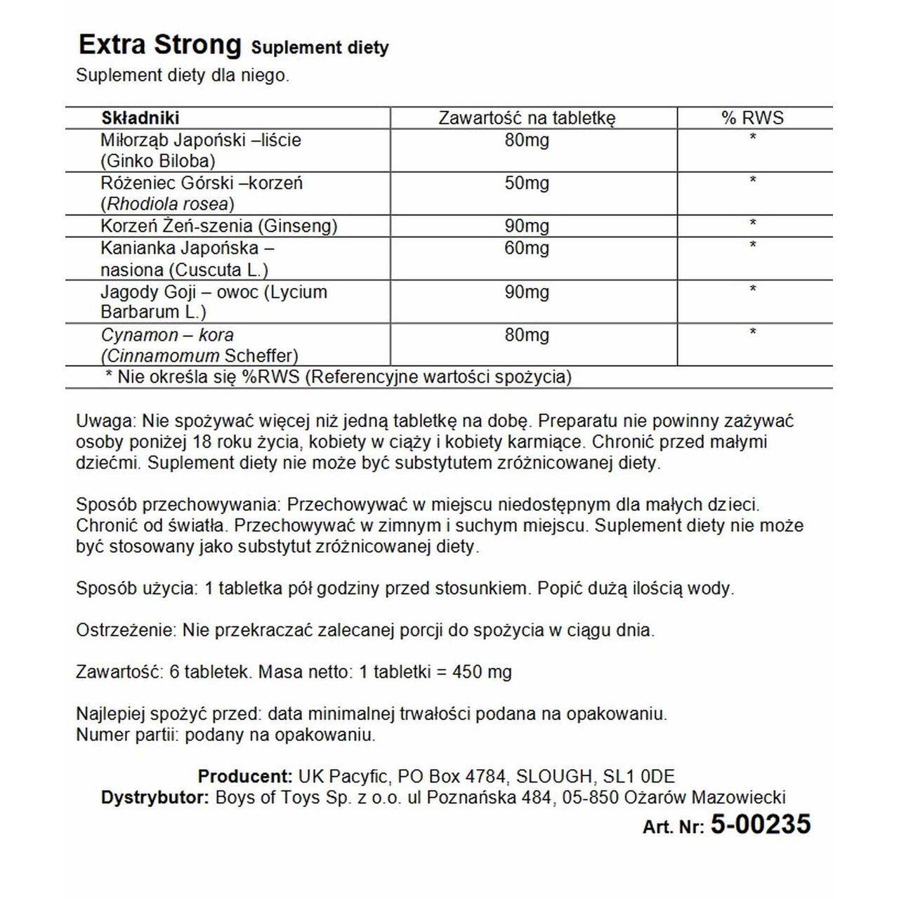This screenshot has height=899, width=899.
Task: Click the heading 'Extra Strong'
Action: [159, 45]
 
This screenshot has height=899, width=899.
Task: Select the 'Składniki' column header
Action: [140, 118]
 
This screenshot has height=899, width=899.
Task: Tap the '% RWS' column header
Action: [752, 118]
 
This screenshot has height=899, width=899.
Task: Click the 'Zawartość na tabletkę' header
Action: [527, 118]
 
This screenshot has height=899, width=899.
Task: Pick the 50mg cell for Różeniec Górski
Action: [527, 183]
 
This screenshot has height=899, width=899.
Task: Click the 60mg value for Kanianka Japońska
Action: [527, 248]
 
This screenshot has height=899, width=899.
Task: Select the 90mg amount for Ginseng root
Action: [527, 226]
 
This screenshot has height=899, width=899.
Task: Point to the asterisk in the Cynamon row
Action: [753, 332]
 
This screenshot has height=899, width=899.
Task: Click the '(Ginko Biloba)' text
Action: [158, 160]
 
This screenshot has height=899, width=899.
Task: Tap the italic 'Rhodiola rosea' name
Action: [167, 204]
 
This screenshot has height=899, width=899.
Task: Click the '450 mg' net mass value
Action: [484, 672]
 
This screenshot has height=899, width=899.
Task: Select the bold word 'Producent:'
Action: [245, 777]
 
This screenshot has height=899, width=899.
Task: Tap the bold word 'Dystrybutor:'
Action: [155, 798]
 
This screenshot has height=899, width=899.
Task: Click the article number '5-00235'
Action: [761, 825]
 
